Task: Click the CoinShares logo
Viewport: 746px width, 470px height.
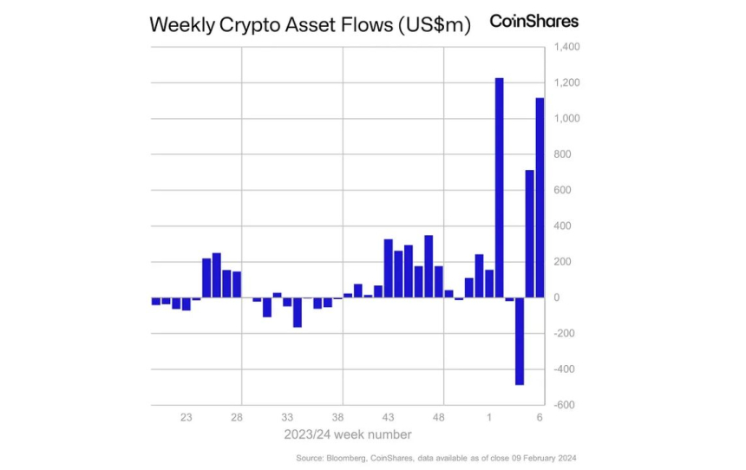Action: click(533, 21)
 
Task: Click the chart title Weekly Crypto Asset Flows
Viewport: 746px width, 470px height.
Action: click(311, 24)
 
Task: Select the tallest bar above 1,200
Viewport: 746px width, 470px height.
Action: click(499, 187)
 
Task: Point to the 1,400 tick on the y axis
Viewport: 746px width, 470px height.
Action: click(560, 46)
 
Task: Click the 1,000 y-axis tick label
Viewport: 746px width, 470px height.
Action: click(560, 118)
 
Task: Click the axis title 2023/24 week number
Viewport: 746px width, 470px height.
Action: click(347, 434)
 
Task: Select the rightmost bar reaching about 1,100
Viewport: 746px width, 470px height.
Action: click(540, 198)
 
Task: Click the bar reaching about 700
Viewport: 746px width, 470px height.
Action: click(529, 233)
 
